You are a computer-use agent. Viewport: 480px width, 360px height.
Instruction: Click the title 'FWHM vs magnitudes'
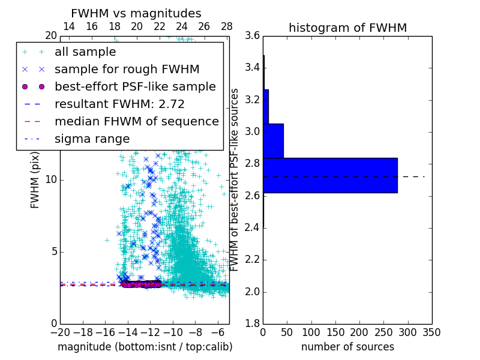[x=136, y=13]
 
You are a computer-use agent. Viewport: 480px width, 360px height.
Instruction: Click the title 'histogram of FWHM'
[x=347, y=28]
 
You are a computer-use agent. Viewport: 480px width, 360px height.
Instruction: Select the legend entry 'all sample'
[x=85, y=52]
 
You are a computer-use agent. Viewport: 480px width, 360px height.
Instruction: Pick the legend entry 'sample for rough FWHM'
[x=127, y=69]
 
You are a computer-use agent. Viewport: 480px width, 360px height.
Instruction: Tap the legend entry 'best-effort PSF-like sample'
[x=135, y=86]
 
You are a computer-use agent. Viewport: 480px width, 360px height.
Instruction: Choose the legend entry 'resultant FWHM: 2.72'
[x=119, y=104]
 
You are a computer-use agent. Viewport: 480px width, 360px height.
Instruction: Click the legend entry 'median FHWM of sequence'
[x=136, y=121]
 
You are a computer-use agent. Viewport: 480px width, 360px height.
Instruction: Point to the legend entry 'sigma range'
[x=92, y=139]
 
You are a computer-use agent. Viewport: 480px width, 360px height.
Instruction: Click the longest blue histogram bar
[x=330, y=175]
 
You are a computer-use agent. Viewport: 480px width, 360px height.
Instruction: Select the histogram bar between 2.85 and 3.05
[x=273, y=140]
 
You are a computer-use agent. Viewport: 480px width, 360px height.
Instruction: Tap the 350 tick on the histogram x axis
[x=431, y=332]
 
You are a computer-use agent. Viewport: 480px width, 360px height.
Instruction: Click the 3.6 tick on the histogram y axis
[x=252, y=35]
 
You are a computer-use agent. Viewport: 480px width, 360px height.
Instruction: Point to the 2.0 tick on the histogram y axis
[x=252, y=292]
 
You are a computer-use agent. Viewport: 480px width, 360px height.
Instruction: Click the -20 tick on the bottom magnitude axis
[x=60, y=332]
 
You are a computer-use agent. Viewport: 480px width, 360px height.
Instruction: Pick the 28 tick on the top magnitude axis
[x=227, y=26]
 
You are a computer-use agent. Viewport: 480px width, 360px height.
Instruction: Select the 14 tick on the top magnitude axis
[x=69, y=26]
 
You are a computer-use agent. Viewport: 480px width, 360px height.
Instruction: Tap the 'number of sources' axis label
[x=347, y=347]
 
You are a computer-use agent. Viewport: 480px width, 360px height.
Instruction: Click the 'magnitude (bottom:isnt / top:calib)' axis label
[x=145, y=347]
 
